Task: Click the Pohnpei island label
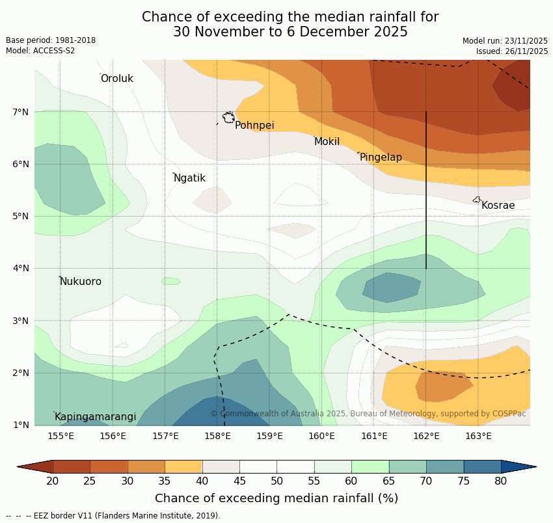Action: (254, 126)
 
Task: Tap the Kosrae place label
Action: (498, 206)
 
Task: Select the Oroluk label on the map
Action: (116, 79)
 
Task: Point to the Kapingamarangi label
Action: (95, 417)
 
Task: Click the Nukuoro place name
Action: (81, 282)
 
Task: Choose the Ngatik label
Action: (189, 178)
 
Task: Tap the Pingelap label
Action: (381, 157)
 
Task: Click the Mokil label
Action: (327, 142)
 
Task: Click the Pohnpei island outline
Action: (228, 118)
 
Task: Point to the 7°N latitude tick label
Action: (21, 112)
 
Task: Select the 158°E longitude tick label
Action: (217, 436)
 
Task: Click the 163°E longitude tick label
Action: (478, 436)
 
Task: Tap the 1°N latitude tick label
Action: (21, 425)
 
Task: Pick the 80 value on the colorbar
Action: (501, 481)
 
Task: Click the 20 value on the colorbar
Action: (53, 481)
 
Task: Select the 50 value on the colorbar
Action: (276, 481)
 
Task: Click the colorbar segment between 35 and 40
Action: (183, 466)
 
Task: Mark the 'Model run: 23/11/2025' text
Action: (505, 41)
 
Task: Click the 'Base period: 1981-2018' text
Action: (51, 40)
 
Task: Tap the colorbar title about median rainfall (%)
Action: (276, 498)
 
